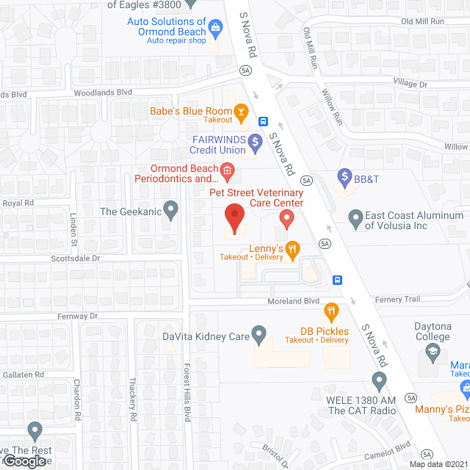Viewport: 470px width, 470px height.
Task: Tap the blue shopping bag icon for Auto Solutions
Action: click(x=216, y=29)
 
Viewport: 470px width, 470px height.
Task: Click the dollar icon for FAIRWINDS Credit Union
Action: click(x=255, y=141)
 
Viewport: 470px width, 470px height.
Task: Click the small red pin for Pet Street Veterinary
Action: click(x=286, y=218)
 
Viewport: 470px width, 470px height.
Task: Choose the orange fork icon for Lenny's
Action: click(x=292, y=250)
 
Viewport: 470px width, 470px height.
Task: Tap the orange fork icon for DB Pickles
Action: click(x=331, y=312)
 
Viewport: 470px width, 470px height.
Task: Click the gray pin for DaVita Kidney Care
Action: click(x=258, y=335)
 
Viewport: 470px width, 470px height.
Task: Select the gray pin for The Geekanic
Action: click(x=170, y=211)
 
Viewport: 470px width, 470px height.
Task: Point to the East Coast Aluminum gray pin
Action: click(x=355, y=218)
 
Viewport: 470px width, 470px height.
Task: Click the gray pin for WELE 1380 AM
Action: click(x=379, y=380)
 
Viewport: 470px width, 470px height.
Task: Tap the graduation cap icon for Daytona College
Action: click(x=432, y=355)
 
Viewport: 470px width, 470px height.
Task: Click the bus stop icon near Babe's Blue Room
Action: click(x=262, y=121)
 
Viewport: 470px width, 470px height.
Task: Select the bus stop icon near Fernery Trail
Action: click(x=337, y=279)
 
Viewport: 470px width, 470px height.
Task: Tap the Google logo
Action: click(x=24, y=460)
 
